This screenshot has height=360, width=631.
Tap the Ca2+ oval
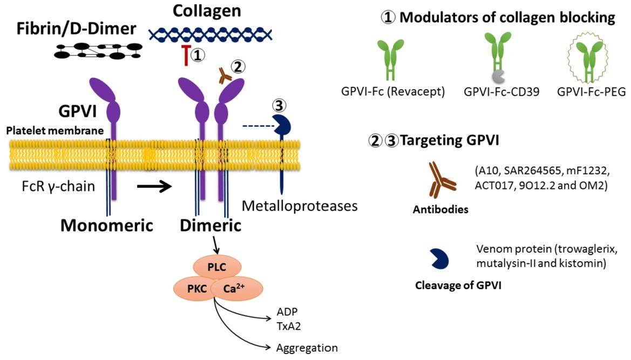[236, 289]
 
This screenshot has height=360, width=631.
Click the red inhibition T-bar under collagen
[186, 56]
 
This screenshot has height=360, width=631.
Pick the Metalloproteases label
[300, 206]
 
